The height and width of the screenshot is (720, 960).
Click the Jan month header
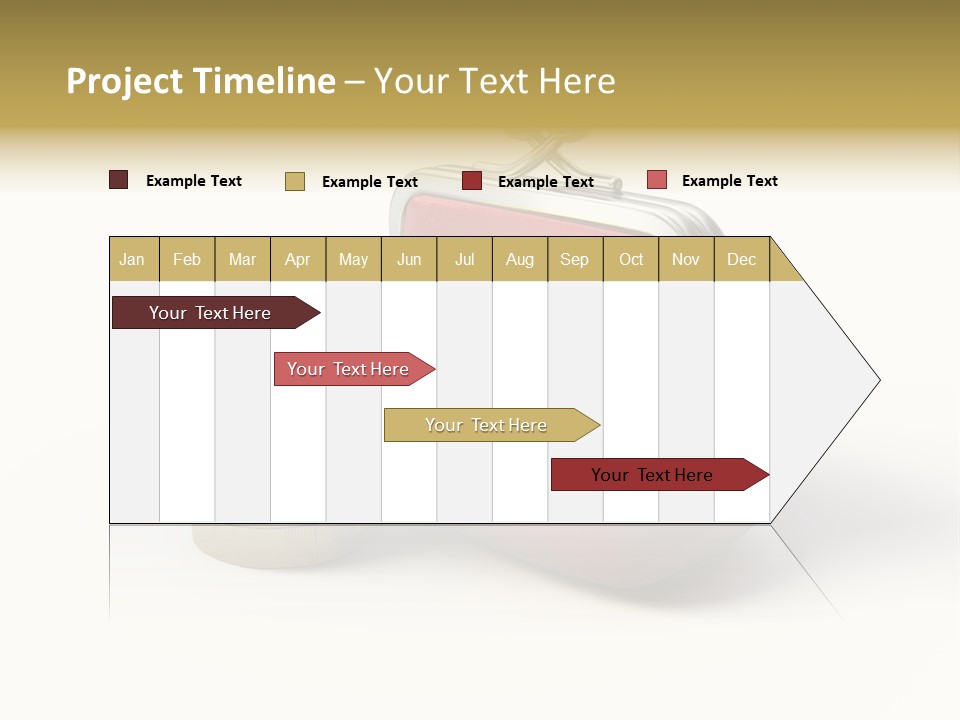point(133,259)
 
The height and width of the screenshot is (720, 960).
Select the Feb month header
point(187,259)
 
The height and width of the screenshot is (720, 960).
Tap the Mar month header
point(242,259)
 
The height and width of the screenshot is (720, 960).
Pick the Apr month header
point(298,259)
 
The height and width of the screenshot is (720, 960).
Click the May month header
point(353,259)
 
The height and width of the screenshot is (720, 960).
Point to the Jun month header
point(409,259)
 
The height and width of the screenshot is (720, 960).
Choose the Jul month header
point(464,259)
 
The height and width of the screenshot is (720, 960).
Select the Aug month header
point(520,259)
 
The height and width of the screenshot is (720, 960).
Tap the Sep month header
point(575,259)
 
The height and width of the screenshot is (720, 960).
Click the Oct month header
point(631,259)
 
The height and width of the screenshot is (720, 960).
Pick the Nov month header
point(686,259)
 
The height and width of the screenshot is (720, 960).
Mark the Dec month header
point(742,259)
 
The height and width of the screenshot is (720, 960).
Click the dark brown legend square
point(118,180)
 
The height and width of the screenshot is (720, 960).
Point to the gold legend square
point(294,181)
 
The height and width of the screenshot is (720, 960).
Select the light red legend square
point(656,180)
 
